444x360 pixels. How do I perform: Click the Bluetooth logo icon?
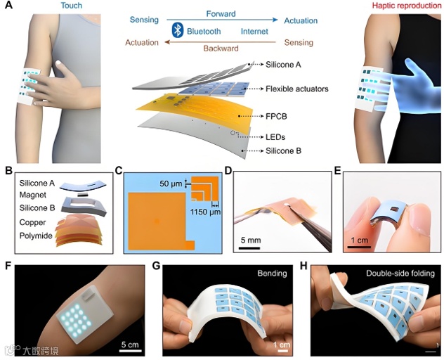click(178, 31)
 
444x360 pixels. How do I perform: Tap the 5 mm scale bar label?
click(249, 240)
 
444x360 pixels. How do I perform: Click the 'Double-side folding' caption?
click(400, 271)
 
